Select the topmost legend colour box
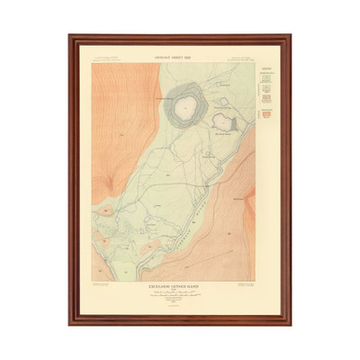(x=264, y=78)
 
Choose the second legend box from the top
(x=264, y=90)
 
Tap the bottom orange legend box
(x=264, y=115)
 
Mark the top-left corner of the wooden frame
(x=69, y=37)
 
